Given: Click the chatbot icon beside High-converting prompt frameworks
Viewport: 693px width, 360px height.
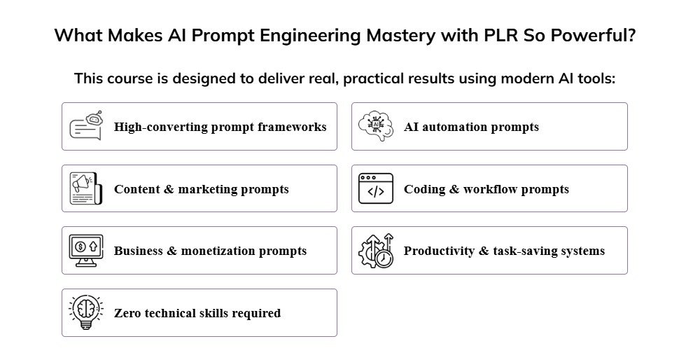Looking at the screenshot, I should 86,126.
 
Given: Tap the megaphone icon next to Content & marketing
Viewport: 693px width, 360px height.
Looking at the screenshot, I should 86,188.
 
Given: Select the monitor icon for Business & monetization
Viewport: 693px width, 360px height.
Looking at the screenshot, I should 86,250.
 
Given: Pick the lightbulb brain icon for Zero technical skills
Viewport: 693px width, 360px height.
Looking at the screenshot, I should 86,312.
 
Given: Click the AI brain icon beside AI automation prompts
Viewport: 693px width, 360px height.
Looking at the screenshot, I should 376,126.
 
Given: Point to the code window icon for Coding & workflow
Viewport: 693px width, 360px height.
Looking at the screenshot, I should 376,188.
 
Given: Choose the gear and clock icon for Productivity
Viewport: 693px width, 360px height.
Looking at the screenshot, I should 376,250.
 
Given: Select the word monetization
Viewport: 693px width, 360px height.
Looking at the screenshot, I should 225,251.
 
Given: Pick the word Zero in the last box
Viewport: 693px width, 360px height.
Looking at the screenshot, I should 128,313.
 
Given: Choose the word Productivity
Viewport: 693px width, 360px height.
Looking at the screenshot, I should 439,251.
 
